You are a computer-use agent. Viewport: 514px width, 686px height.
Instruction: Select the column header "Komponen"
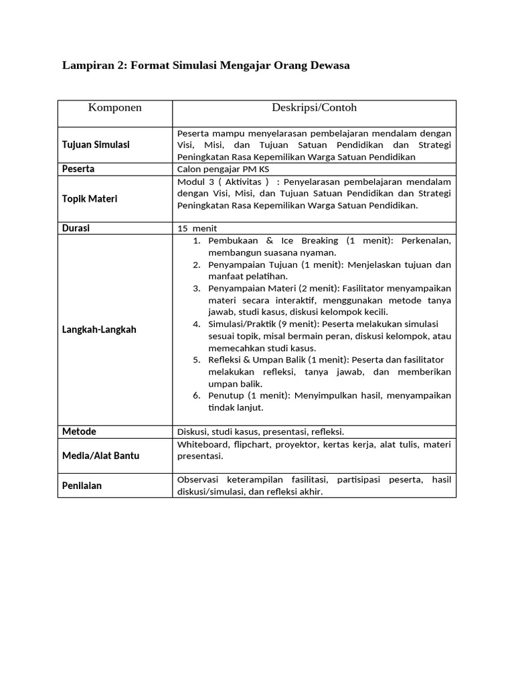point(115,108)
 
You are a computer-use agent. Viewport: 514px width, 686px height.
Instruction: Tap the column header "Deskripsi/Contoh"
point(314,108)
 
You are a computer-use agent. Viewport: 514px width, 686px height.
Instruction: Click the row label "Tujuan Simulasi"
point(96,145)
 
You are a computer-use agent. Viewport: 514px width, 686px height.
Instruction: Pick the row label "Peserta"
point(78,169)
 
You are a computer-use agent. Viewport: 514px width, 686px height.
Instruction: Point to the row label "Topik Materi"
point(89,199)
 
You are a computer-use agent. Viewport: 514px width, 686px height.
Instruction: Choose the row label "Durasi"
point(76,228)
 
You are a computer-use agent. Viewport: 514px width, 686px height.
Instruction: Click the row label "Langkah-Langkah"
point(99,330)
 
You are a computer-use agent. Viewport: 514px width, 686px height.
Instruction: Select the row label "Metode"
point(79,431)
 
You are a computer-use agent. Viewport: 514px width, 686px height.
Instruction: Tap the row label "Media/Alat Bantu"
point(100,456)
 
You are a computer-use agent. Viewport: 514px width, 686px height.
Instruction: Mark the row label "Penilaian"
point(82,486)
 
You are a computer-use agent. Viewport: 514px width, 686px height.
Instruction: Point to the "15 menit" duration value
point(193,228)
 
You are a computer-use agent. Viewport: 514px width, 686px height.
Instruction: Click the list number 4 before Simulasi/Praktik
point(197,324)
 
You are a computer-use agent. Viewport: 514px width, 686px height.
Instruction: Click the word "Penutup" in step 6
point(226,396)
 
